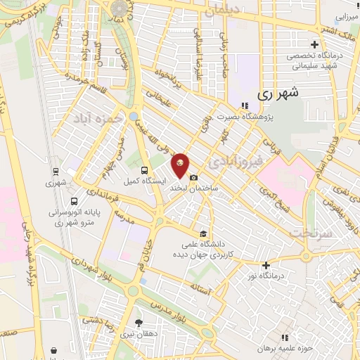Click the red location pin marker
tap(181, 165)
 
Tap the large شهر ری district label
tap(277, 92)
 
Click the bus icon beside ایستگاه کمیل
tap(144, 169)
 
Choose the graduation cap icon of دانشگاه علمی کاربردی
tap(204, 234)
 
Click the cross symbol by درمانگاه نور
tap(266, 265)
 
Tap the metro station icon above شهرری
tap(56, 171)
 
